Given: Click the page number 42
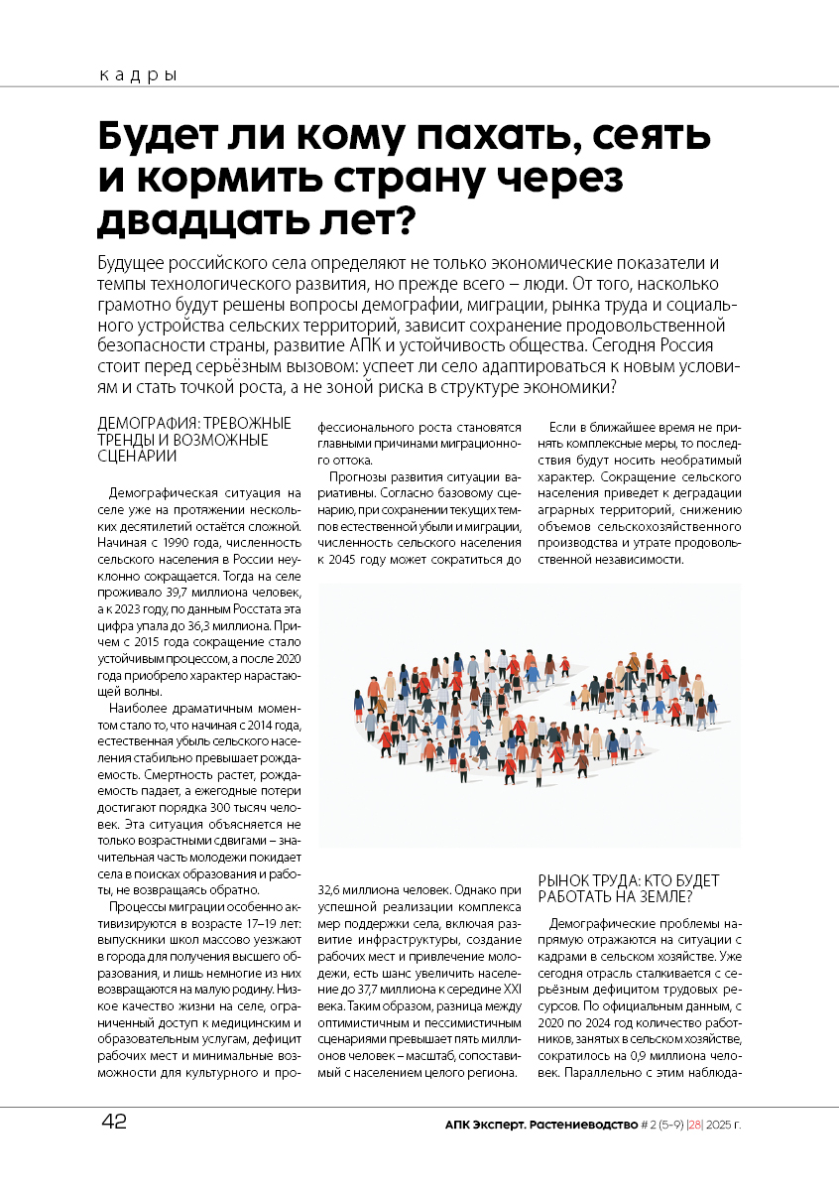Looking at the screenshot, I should (113, 1124).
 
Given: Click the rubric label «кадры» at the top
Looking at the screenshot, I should (138, 75).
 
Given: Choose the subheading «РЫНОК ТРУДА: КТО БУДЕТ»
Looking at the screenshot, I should (628, 880).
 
